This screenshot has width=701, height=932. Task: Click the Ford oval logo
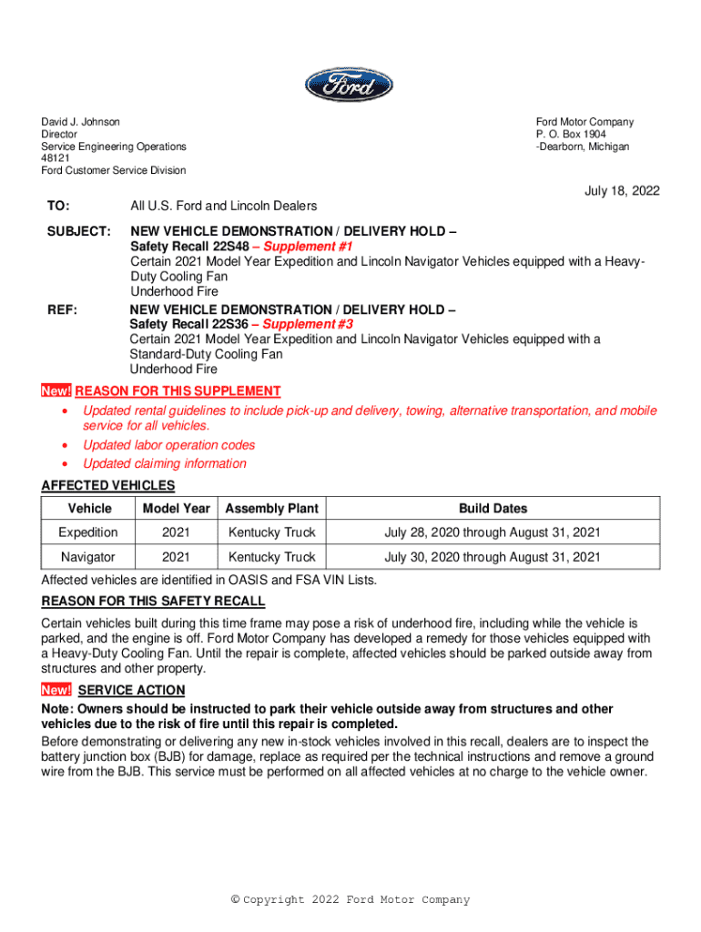(x=350, y=85)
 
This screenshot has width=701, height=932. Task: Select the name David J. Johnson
(x=80, y=122)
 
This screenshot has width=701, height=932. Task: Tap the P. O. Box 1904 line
(x=571, y=135)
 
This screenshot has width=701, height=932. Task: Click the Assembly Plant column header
(x=271, y=509)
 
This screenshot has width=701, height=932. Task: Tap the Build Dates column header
(x=493, y=509)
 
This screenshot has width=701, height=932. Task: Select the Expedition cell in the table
(x=88, y=532)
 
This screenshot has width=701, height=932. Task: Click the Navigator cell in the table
(x=88, y=557)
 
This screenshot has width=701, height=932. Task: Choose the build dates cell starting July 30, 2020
(x=493, y=557)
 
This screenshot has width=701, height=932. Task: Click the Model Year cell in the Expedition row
(x=176, y=532)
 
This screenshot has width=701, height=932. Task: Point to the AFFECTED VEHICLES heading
(x=108, y=485)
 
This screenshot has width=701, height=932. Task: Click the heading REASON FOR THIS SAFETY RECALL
(x=154, y=602)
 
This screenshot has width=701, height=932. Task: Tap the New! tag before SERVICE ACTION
(x=56, y=690)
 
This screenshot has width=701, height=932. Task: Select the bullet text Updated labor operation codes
(x=169, y=445)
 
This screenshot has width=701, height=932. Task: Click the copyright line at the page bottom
(x=350, y=900)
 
